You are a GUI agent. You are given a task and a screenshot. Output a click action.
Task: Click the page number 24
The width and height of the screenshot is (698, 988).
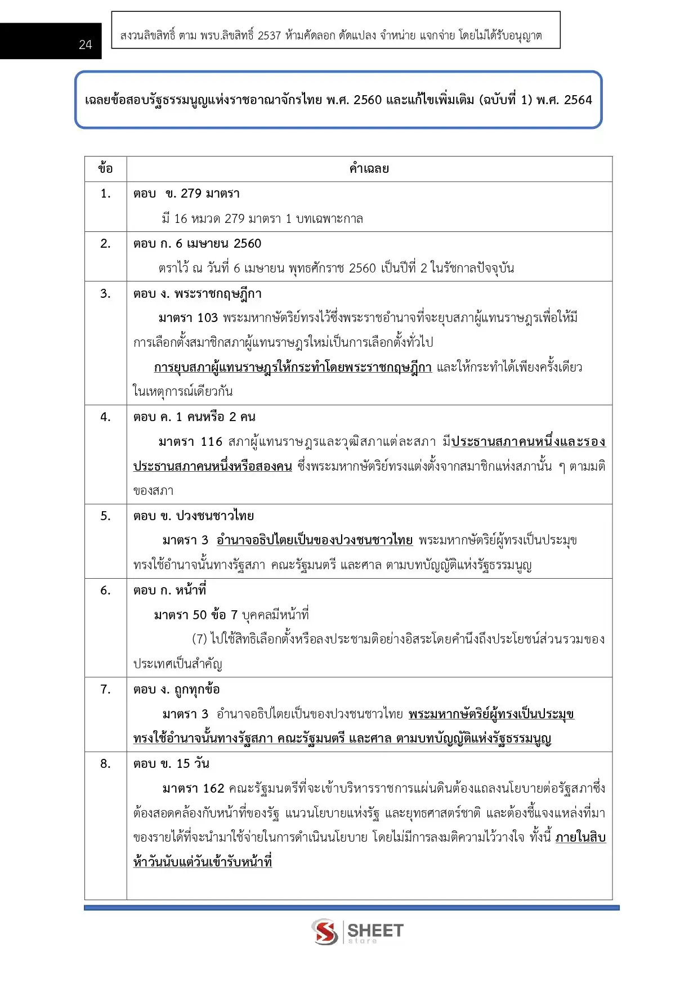pos(86,44)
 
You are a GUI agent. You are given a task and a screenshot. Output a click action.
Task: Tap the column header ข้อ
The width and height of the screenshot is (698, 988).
pos(105,168)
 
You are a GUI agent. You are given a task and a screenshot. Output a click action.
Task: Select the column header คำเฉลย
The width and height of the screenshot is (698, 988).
pos(369,168)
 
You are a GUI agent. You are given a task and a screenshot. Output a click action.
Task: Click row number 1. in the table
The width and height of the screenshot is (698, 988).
pos(105,194)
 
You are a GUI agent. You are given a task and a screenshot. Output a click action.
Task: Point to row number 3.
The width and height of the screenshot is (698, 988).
pos(105,293)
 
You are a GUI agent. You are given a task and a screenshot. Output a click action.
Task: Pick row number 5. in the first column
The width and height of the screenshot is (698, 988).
pos(105,516)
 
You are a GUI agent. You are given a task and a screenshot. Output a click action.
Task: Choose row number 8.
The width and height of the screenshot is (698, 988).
pos(105,763)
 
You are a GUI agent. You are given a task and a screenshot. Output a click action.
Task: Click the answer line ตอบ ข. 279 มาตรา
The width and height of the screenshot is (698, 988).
pos(186,194)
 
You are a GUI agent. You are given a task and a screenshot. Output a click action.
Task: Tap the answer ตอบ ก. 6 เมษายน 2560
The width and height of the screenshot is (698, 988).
pos(197,243)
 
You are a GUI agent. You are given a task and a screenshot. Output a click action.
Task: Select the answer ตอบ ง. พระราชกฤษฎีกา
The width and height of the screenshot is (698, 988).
pos(197,293)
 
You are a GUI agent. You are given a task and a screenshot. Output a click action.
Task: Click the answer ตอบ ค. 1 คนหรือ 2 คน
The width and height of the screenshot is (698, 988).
pos(194,417)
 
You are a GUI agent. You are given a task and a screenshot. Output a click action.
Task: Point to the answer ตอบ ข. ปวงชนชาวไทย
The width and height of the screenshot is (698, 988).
pos(193,516)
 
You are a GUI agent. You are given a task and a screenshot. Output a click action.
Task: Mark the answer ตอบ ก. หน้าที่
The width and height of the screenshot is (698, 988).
pos(169,590)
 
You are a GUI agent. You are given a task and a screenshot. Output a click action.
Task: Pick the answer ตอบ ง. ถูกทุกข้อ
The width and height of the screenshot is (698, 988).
pos(176,689)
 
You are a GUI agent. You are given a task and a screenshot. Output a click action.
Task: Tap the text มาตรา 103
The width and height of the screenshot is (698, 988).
pos(188,318)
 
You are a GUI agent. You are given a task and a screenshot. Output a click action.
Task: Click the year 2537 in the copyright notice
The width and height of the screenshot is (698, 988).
pos(269,35)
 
